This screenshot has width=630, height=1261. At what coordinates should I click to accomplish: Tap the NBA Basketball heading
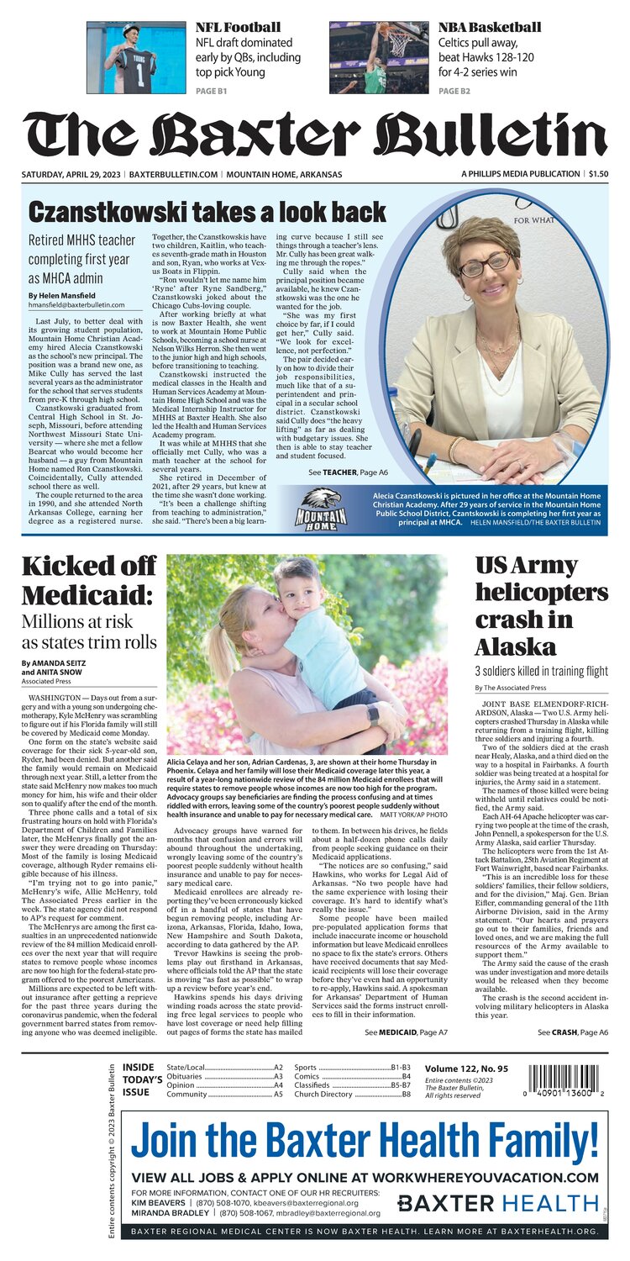[x=489, y=27]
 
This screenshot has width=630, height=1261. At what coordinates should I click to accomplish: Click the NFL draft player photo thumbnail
[x=136, y=57]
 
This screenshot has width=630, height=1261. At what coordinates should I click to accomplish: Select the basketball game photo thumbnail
[x=380, y=57]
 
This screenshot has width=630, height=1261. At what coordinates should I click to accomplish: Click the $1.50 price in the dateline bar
[x=598, y=174]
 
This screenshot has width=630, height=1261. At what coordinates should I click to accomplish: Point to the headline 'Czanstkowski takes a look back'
[x=207, y=211]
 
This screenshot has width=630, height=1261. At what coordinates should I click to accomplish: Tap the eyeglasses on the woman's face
[x=485, y=266]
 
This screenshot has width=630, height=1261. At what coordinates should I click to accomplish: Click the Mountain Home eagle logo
[x=321, y=508]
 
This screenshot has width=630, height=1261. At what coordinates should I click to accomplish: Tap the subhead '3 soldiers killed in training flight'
[x=541, y=671]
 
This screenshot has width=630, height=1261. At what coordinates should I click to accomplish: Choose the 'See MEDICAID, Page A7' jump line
[x=406, y=1031]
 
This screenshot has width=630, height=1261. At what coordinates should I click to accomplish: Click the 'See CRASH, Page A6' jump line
[x=573, y=1031]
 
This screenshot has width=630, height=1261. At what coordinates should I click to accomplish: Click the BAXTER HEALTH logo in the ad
[x=497, y=1202]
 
